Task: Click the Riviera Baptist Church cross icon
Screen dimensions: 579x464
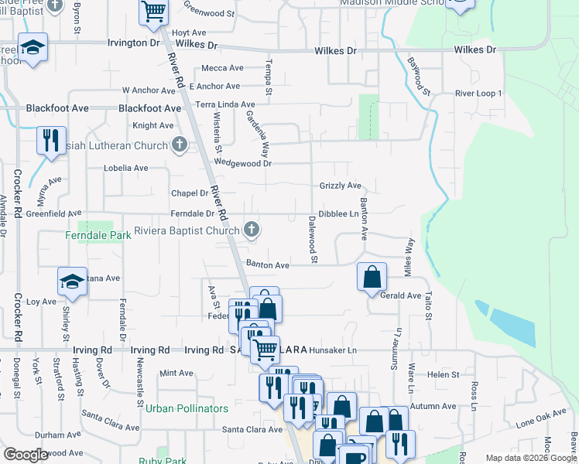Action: click(251, 230)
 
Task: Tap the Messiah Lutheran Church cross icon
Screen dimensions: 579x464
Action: click(180, 145)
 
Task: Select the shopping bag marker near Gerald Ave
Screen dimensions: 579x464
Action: click(372, 276)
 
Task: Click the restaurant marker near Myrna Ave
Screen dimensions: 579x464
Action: click(50, 141)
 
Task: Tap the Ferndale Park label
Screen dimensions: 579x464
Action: click(94, 235)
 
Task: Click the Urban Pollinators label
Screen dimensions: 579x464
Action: click(187, 408)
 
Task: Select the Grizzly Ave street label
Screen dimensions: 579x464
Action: click(341, 186)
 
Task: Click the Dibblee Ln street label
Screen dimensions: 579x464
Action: click(339, 213)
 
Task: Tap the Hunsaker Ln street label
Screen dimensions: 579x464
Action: click(333, 350)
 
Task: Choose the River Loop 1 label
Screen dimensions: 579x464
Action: click(479, 93)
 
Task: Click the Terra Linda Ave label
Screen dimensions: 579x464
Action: click(225, 104)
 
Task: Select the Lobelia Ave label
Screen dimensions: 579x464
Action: click(126, 168)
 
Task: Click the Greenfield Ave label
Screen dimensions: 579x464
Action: click(53, 213)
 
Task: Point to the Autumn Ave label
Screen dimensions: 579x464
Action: click(433, 406)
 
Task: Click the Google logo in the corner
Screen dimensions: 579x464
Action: click(26, 455)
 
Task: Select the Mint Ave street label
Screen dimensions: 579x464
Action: click(176, 373)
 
